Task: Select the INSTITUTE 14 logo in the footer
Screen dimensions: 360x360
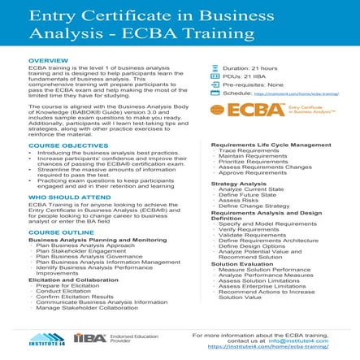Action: click(46, 339)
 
